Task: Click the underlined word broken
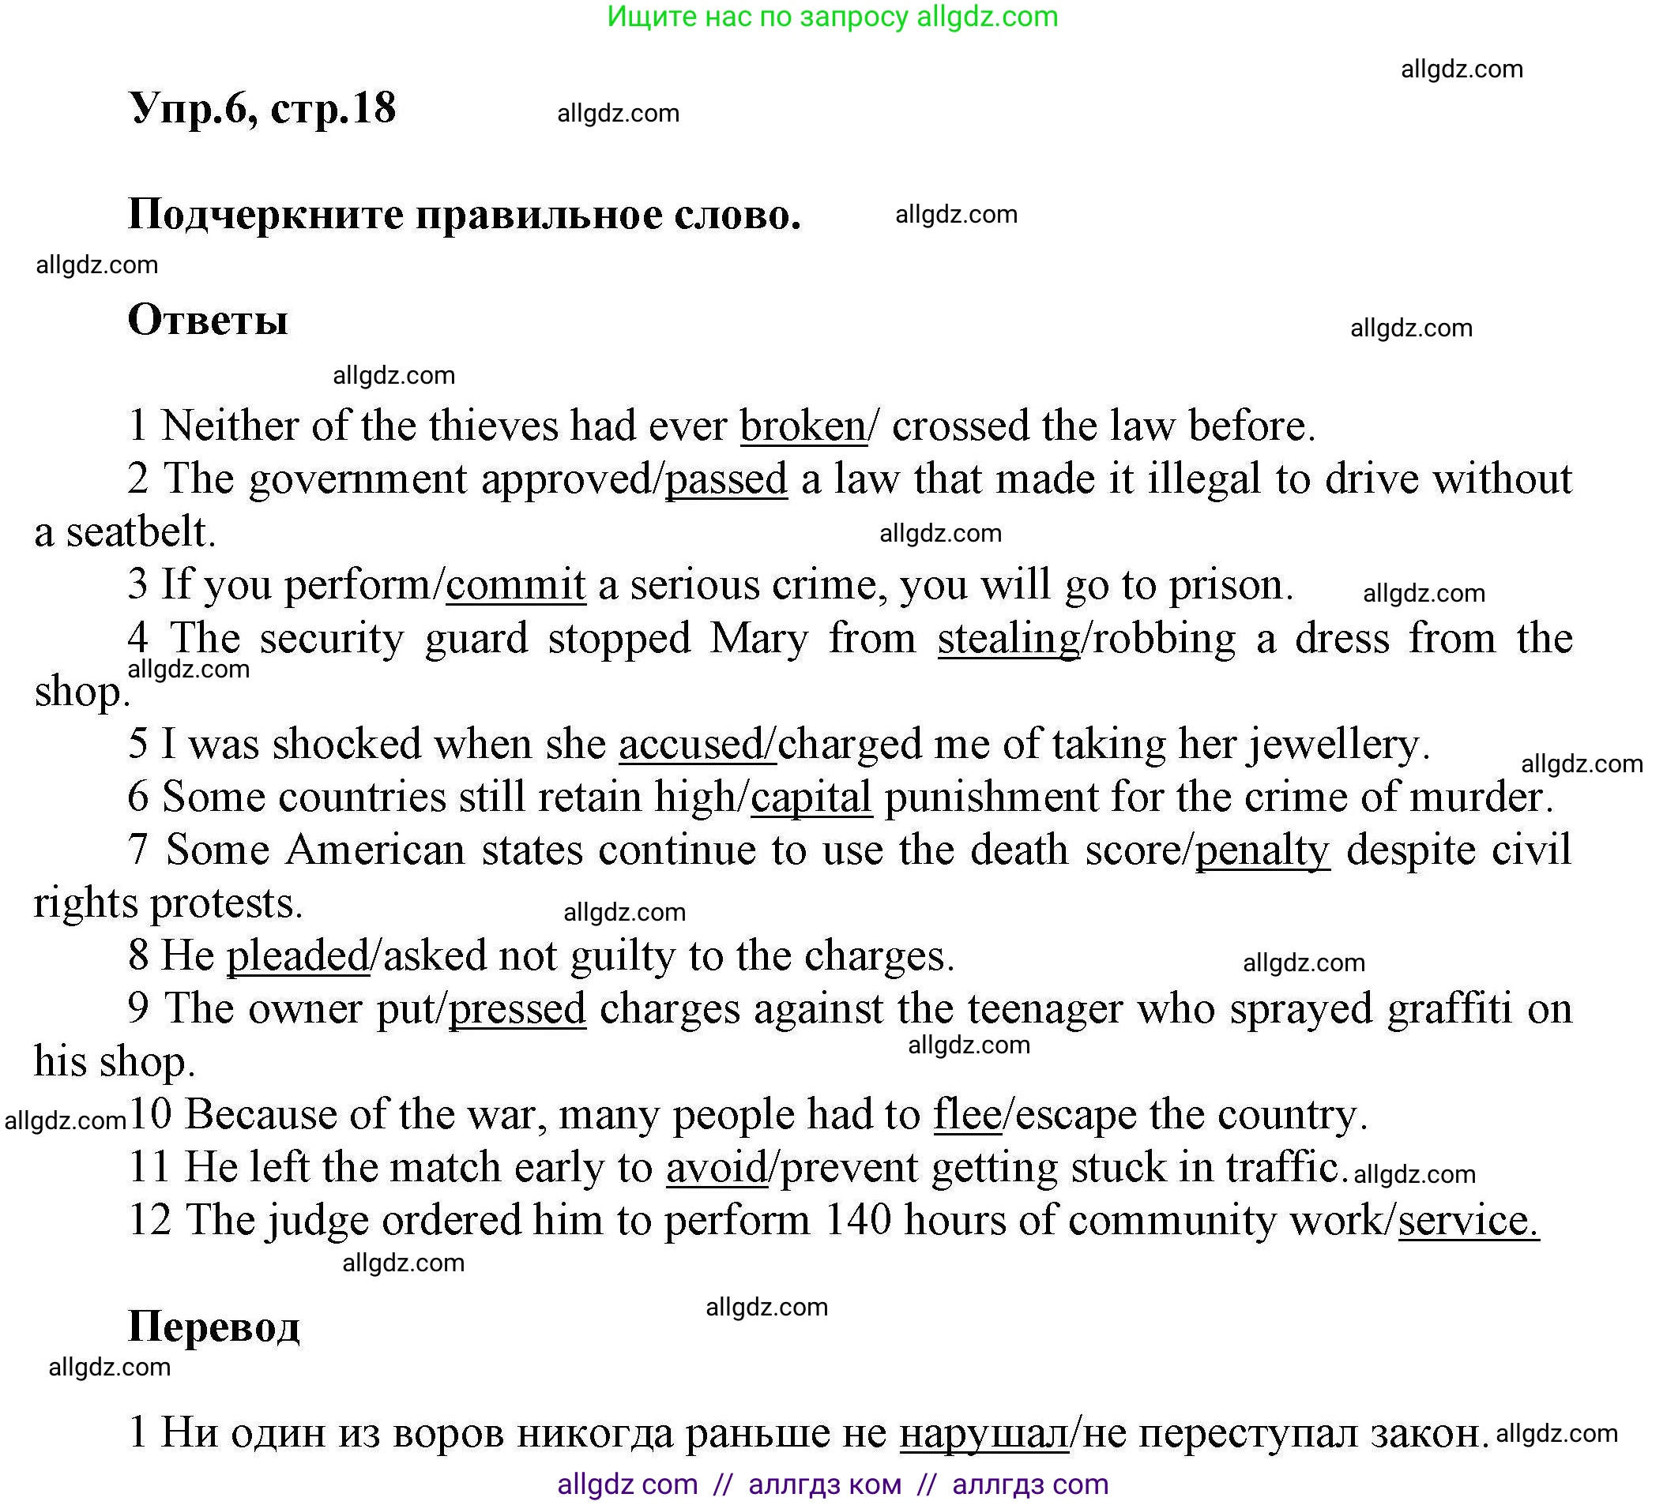coord(803,426)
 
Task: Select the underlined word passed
coord(726,479)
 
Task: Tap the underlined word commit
coord(516,585)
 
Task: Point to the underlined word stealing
coord(1009,639)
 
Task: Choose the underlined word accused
coord(695,744)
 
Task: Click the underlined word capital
coord(811,797)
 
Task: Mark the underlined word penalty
coord(1262,850)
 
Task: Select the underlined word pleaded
coord(298,956)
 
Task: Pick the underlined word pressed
coord(517,1009)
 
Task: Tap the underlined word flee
coord(968,1115)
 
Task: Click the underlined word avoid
coord(717,1168)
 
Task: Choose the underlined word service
coord(1468,1221)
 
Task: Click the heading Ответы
coord(208,320)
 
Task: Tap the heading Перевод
coord(213,1327)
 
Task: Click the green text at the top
coord(832,17)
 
